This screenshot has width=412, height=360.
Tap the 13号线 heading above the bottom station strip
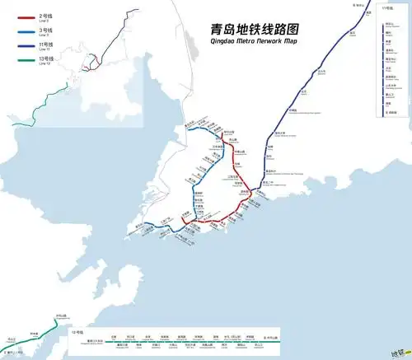[x=78, y=331]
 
